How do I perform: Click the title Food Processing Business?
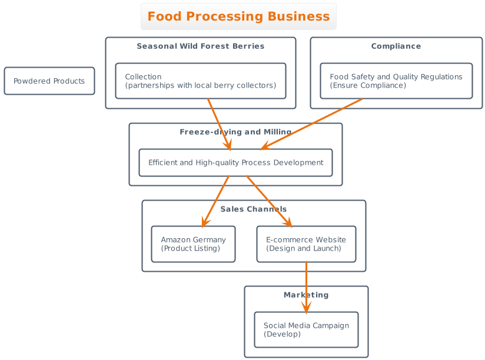238,16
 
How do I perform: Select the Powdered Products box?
49,81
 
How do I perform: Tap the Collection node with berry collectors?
200,81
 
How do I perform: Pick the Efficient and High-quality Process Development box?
235,162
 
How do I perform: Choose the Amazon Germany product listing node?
193,244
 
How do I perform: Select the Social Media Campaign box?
306,329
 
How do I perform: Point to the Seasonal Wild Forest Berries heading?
200,46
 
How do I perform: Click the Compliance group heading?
396,46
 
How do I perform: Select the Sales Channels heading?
254,209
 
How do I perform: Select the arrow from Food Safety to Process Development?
312,124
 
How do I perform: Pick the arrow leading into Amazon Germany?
215,201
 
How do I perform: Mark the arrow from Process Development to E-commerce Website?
268,201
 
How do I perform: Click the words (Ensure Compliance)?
367,86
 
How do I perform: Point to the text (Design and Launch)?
303,249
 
